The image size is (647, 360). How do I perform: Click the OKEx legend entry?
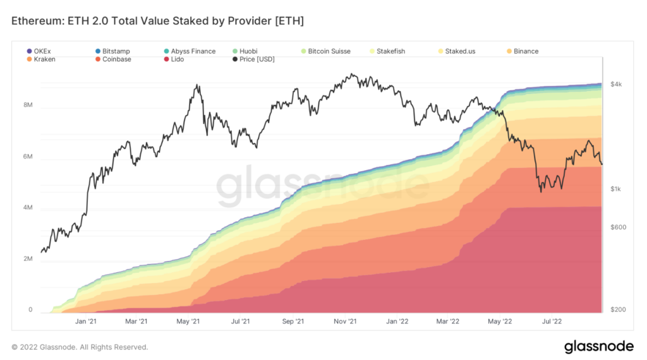tap(39, 51)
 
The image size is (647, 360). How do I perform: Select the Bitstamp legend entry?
tap(112, 51)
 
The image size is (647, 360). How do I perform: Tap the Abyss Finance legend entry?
tap(190, 51)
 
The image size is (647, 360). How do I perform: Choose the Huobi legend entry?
tap(245, 51)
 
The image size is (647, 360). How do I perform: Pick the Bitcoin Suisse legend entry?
tap(325, 51)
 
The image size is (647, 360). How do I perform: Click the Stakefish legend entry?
tap(387, 51)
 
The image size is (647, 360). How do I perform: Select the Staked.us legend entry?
tap(457, 51)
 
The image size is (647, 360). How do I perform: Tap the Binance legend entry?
tap(523, 51)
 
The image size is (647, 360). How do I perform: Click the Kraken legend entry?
tap(41, 59)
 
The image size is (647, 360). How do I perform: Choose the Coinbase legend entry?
tap(113, 59)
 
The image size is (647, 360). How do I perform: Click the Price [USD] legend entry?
tap(253, 59)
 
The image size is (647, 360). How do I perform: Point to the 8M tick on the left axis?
tap(28, 105)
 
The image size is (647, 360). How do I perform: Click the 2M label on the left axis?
tap(28, 258)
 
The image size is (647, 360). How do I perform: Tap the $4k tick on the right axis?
tap(616, 84)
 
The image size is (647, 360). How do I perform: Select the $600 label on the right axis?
tap(618, 227)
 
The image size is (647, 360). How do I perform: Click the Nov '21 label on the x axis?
tap(345, 321)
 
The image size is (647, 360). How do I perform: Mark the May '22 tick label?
tap(500, 321)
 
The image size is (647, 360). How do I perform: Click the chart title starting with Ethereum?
tap(157, 21)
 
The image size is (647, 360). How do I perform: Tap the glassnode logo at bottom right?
tap(599, 346)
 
